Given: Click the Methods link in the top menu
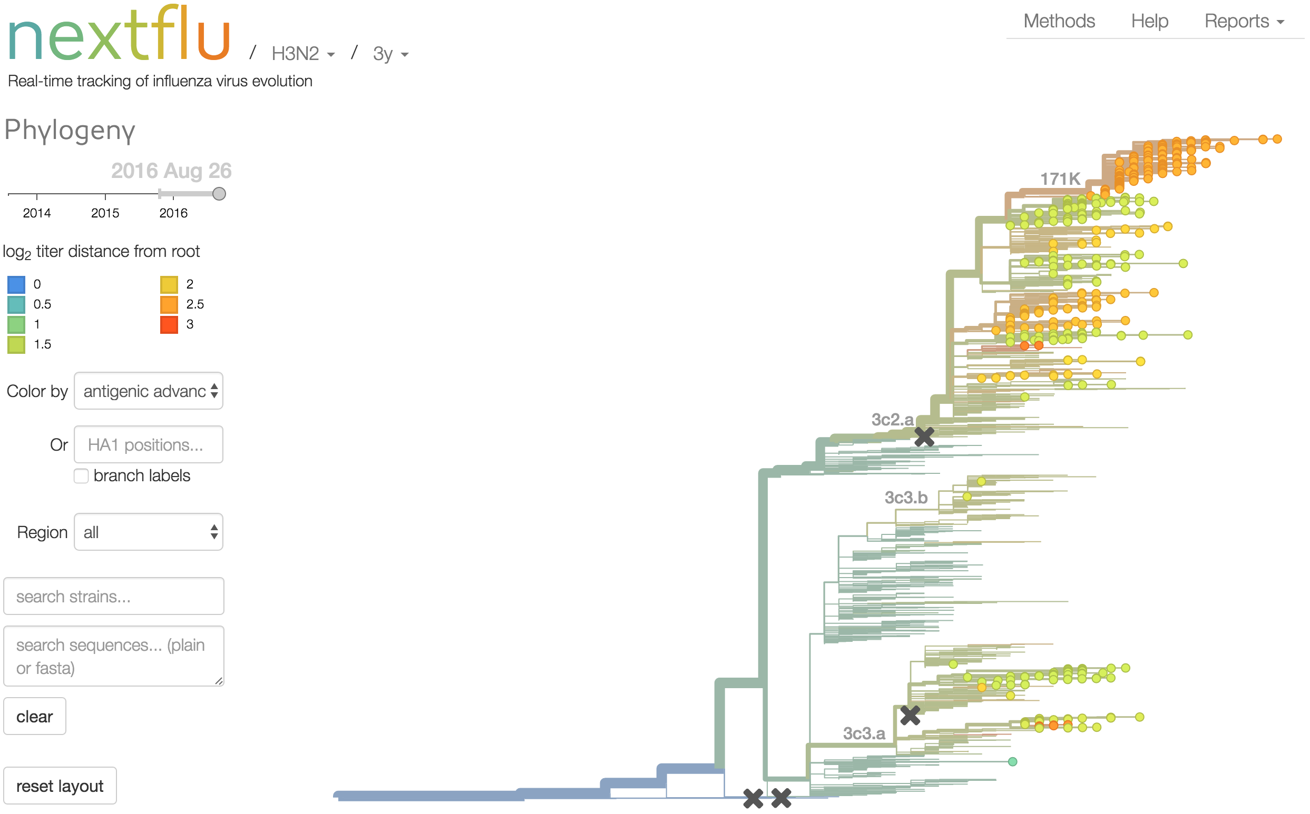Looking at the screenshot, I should pos(1059,21).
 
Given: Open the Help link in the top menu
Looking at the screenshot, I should pos(1149,21).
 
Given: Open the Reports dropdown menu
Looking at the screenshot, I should pos(1244,21).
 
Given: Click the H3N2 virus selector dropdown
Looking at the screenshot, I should pos(302,53).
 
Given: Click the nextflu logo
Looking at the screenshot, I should pos(120,34).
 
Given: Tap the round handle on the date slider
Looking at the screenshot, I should pos(219,194).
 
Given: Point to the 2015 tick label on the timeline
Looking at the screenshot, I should pos(105,213).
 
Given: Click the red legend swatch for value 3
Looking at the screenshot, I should pos(169,325).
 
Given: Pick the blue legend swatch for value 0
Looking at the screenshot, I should pos(16,284).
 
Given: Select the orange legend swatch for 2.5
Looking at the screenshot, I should pos(169,305).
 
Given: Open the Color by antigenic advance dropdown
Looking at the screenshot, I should pos(149,391).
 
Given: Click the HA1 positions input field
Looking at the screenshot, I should pos(149,445).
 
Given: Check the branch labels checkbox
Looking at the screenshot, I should pos(81,476).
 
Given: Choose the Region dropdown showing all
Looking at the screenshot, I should pos(149,532).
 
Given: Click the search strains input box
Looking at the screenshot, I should pos(114,597).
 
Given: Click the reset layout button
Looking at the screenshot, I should pos(60,786).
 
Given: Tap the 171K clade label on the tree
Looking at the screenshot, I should pos(1060,178).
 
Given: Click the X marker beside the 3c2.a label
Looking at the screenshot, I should pos(924,436).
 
